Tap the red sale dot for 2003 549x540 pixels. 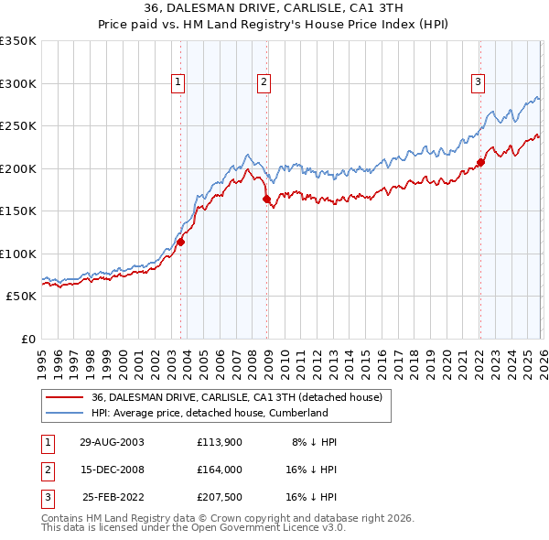(x=181, y=242)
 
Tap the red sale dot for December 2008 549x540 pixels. (x=266, y=199)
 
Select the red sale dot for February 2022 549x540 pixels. (x=480, y=163)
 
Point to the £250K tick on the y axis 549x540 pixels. (x=18, y=125)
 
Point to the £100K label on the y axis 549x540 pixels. (x=18, y=254)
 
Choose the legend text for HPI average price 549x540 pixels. (x=210, y=413)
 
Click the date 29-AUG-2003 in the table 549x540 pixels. (x=112, y=442)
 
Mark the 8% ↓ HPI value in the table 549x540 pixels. (x=314, y=442)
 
